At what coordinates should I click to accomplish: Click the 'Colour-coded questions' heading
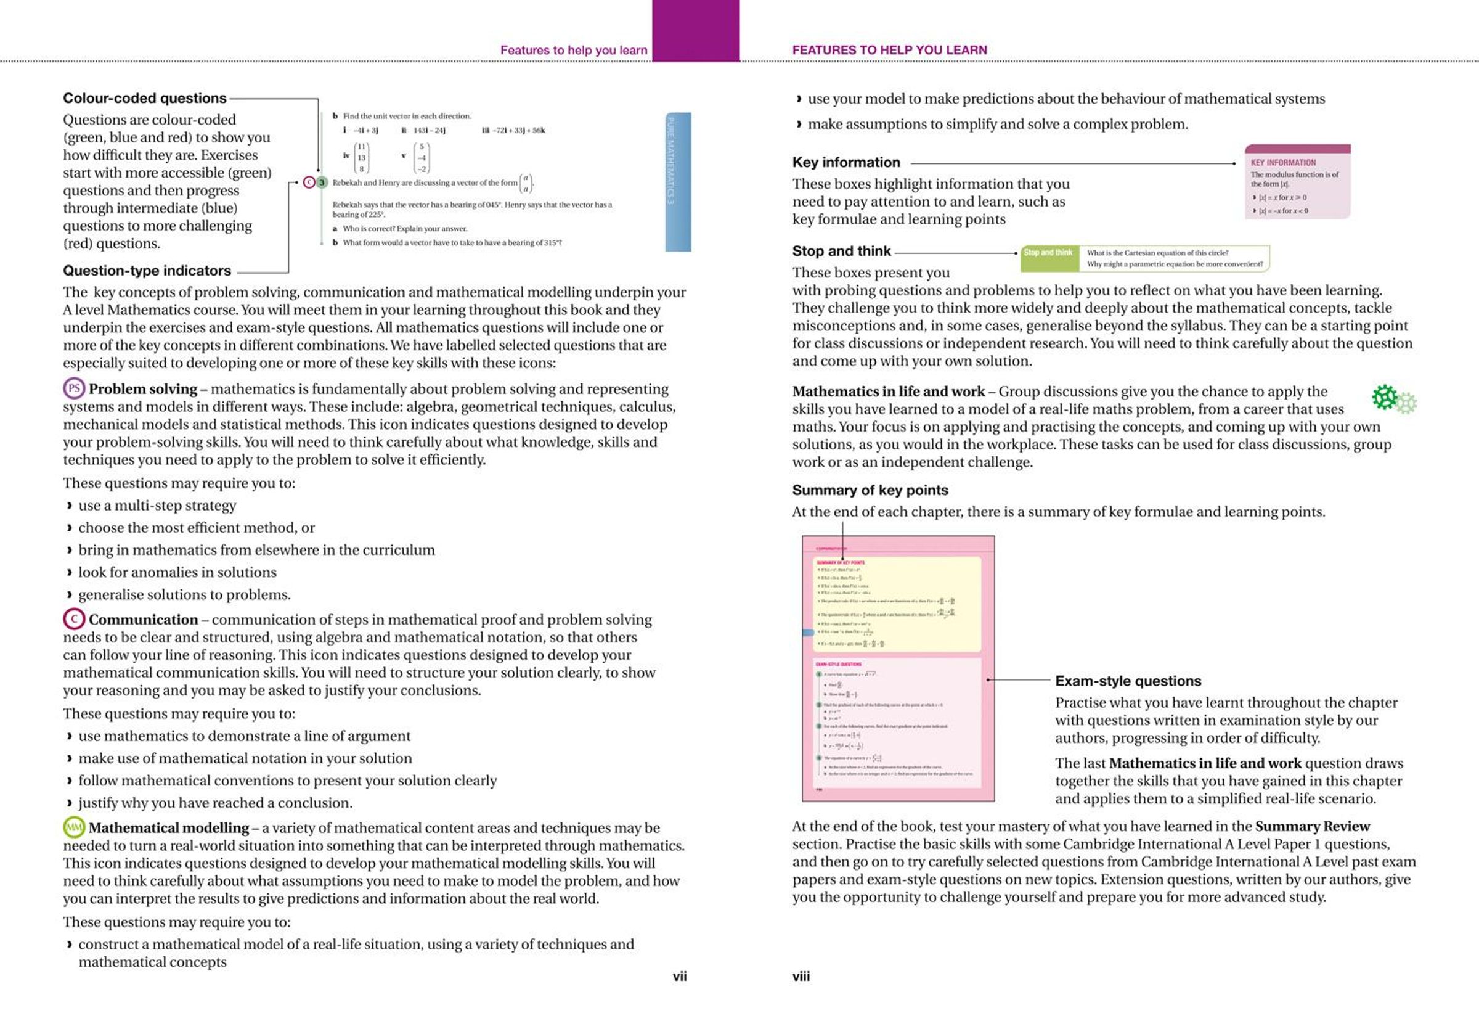pyautogui.click(x=145, y=98)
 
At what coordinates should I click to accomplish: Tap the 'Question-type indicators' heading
pyautogui.click(x=147, y=271)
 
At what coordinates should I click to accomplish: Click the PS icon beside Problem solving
pyautogui.click(x=74, y=388)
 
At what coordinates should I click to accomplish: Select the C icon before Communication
pyautogui.click(x=74, y=618)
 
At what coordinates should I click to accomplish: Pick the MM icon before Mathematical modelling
pyautogui.click(x=74, y=827)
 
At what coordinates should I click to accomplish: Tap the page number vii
pyautogui.click(x=679, y=976)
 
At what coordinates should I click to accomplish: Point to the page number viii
pyautogui.click(x=801, y=976)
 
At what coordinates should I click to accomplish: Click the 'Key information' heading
pyautogui.click(x=846, y=163)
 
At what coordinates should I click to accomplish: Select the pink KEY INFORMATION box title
pyautogui.click(x=1282, y=163)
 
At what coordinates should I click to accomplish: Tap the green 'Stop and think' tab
pyautogui.click(x=1048, y=253)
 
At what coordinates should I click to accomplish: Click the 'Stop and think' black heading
pyautogui.click(x=841, y=251)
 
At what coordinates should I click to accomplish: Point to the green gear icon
pyautogui.click(x=1385, y=397)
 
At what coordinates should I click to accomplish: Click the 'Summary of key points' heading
pyautogui.click(x=870, y=490)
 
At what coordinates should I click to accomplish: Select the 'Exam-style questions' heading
pyautogui.click(x=1128, y=681)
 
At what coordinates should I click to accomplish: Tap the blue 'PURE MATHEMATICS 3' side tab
pyautogui.click(x=678, y=182)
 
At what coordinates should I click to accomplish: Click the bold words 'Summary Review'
pyautogui.click(x=1312, y=826)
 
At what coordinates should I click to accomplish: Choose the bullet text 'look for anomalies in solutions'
pyautogui.click(x=177, y=572)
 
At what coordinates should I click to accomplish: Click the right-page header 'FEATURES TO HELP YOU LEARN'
pyautogui.click(x=889, y=50)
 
